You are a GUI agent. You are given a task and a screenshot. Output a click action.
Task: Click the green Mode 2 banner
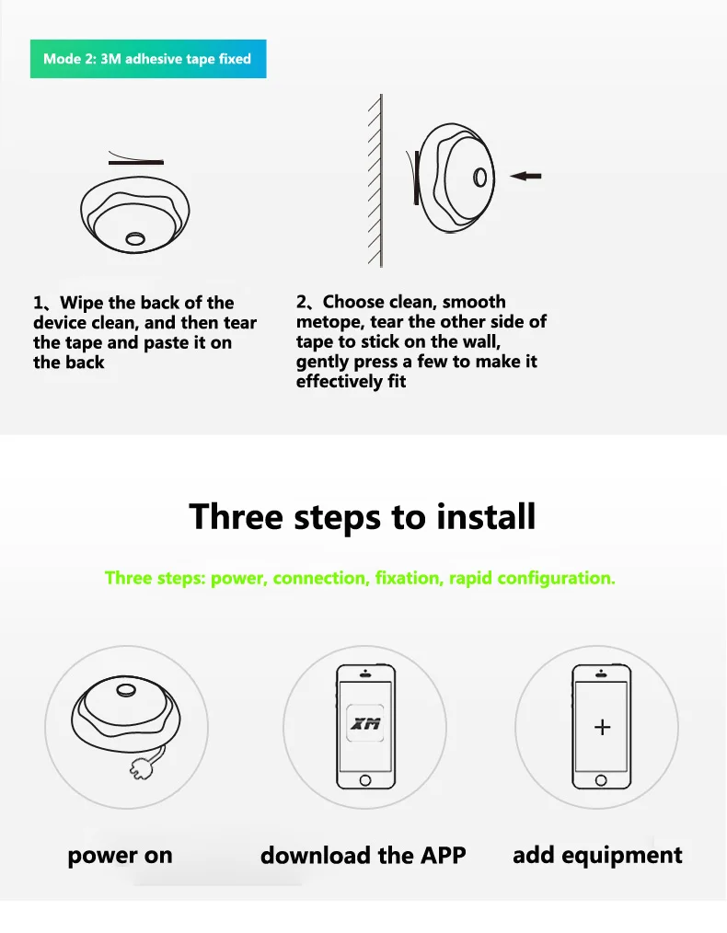point(148,59)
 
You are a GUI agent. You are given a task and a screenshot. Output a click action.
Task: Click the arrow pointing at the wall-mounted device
point(525,176)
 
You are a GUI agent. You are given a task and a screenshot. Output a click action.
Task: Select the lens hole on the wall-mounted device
point(480,178)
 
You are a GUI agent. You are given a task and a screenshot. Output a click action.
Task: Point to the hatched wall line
point(380,180)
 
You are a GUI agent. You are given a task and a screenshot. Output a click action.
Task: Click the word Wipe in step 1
point(81,303)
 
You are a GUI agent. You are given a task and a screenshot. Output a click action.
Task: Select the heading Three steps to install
point(363,516)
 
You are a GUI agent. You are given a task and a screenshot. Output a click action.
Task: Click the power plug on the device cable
point(141,770)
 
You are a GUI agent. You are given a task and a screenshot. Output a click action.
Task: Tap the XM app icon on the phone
point(365,723)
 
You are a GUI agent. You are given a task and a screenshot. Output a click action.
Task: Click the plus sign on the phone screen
point(602,727)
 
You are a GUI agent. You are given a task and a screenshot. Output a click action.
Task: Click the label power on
point(121,856)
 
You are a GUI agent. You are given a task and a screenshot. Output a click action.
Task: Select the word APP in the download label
point(444,855)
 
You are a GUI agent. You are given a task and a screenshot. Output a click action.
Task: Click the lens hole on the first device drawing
point(135,238)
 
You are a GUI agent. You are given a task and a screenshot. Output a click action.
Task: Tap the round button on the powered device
point(125,690)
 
